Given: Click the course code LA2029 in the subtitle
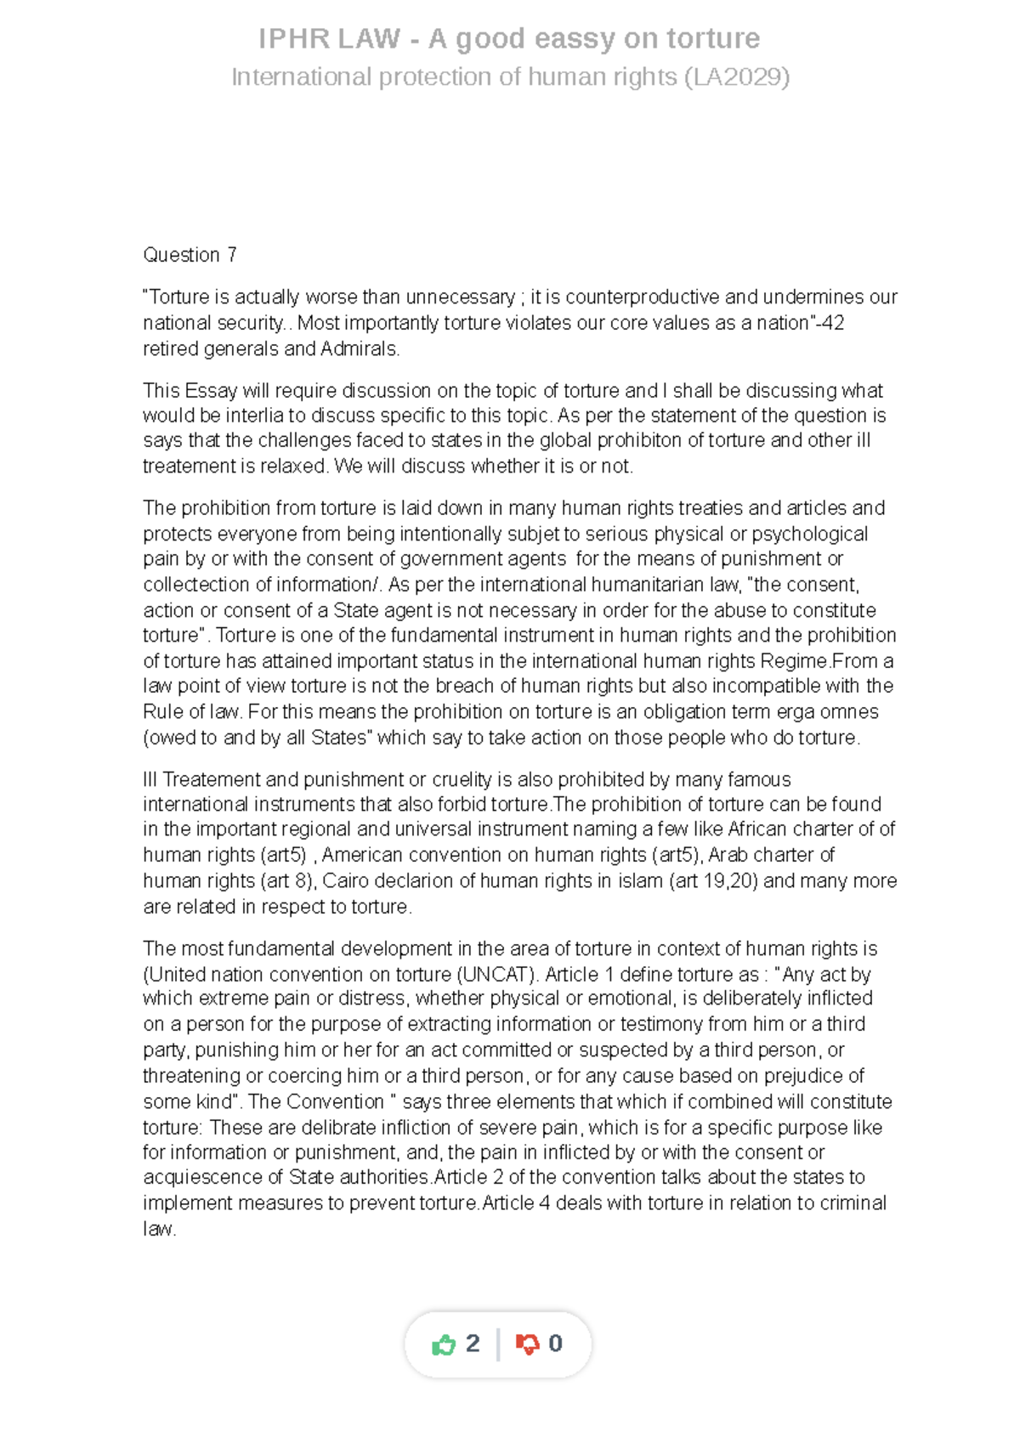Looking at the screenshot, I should tap(736, 77).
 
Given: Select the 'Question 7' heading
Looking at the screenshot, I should tap(190, 255).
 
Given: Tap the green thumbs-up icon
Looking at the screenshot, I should tap(444, 1344).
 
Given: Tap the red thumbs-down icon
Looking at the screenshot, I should tap(527, 1344).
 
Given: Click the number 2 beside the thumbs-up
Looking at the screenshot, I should tap(473, 1344).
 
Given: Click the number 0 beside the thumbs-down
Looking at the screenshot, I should tap(555, 1344).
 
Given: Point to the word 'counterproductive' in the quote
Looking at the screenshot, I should tap(643, 297).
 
